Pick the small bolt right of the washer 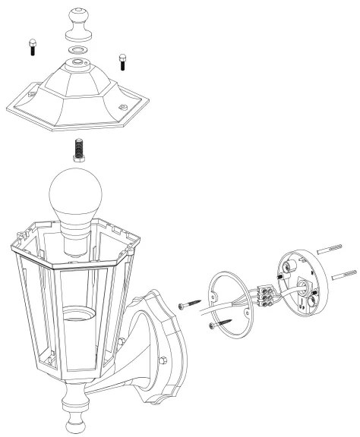pos(122,60)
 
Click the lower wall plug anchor pos(344,272)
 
